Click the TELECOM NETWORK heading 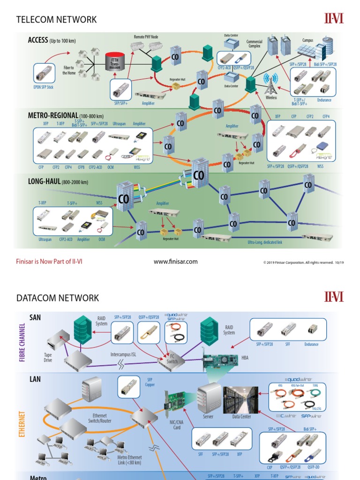(56, 20)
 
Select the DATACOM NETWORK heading (58, 298)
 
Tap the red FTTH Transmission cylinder (114, 62)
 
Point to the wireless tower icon (270, 84)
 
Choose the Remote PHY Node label (146, 37)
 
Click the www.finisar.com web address (176, 262)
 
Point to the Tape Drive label (48, 358)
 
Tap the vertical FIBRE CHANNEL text (22, 342)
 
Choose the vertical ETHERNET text (22, 424)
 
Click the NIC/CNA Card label (177, 425)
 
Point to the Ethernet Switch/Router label (99, 418)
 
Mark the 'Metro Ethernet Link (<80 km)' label (129, 460)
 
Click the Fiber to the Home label (69, 70)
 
